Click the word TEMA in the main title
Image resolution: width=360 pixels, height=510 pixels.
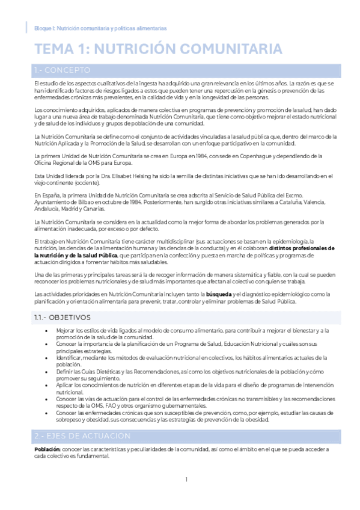click(x=53, y=49)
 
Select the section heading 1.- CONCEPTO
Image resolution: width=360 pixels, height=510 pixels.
click(x=63, y=70)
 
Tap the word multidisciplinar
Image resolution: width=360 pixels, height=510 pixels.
click(x=142, y=241)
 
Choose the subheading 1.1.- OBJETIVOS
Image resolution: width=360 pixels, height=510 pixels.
click(x=63, y=317)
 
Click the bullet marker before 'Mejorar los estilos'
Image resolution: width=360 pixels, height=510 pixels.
click(x=46, y=331)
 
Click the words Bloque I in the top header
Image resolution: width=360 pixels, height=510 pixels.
click(x=44, y=28)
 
